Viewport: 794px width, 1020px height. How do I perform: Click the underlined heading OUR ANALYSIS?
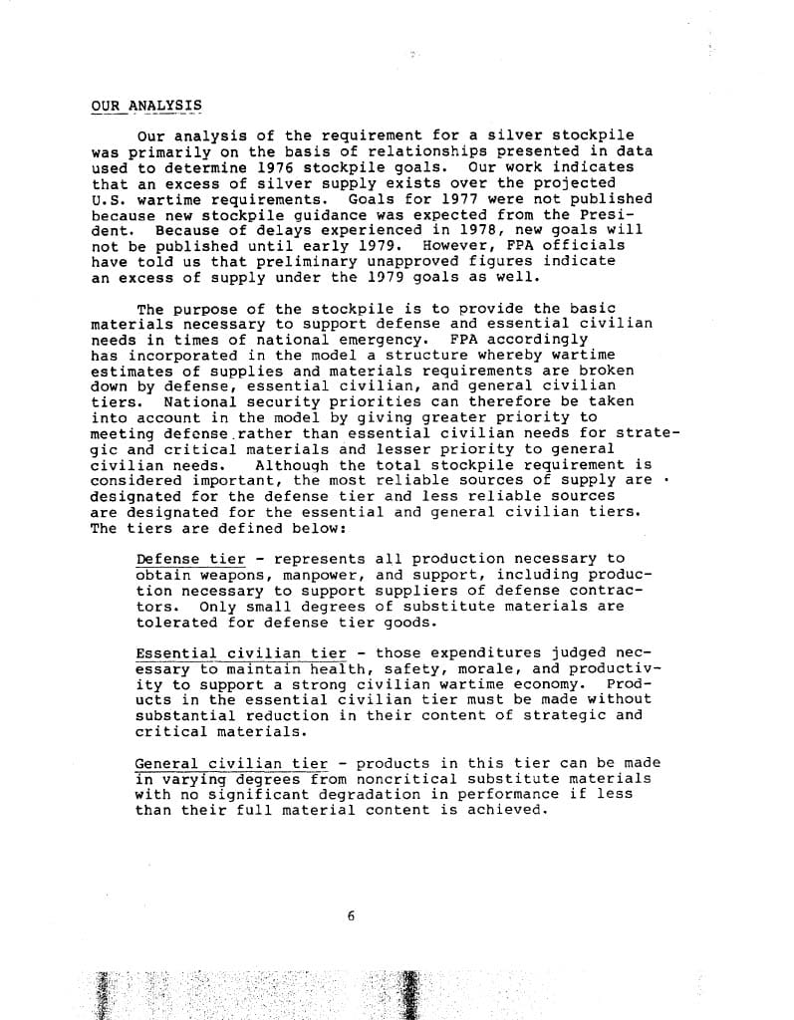(145, 105)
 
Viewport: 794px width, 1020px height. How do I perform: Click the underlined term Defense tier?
(190, 559)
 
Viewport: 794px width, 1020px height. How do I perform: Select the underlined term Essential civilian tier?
(240, 653)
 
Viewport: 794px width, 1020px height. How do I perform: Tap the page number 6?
(352, 916)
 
